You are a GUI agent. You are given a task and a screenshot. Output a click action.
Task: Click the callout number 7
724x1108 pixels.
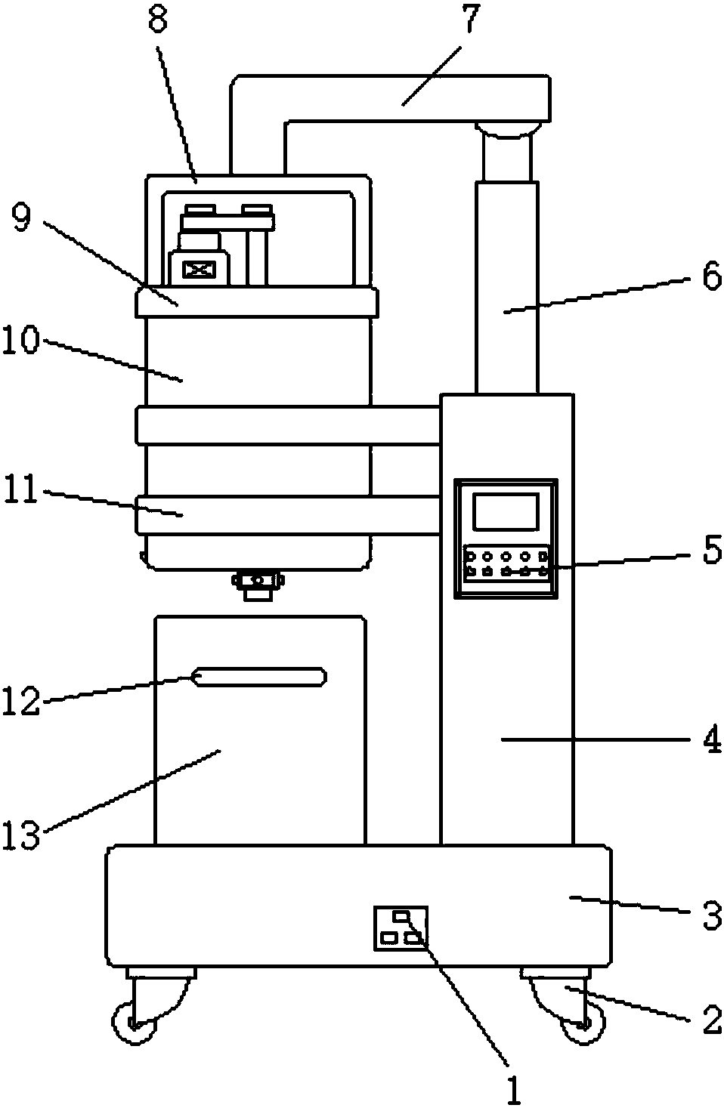[471, 20]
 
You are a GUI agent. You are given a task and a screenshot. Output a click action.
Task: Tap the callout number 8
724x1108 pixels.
[158, 20]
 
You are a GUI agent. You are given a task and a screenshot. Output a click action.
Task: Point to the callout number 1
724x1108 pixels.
[513, 1090]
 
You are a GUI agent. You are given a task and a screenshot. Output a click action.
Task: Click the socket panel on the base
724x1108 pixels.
[401, 927]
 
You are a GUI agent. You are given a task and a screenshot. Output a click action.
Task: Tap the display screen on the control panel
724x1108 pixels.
[506, 511]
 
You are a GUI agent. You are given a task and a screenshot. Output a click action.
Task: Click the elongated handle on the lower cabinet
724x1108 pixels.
[259, 677]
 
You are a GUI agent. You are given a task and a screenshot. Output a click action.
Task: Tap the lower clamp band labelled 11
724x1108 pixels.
[287, 514]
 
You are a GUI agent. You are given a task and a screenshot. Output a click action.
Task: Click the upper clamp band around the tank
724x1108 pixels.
[287, 425]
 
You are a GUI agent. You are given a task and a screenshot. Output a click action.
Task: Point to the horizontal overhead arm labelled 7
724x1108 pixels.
[408, 97]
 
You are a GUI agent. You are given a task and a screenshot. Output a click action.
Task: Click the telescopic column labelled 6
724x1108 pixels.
[506, 287]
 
